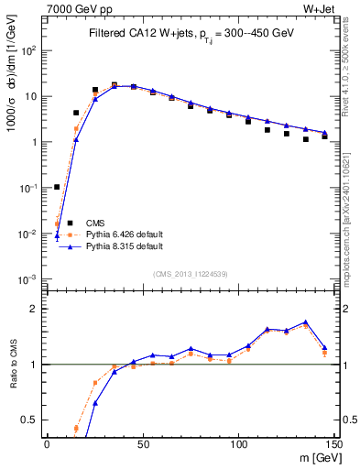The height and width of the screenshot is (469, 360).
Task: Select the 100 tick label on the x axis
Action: click(239, 442)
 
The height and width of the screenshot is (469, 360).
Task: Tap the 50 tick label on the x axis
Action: click(143, 442)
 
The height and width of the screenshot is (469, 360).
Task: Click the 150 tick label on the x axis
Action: click(333, 442)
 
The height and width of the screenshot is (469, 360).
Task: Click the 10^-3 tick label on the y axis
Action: click(29, 279)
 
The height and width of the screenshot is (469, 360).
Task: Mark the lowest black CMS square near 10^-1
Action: click(57, 187)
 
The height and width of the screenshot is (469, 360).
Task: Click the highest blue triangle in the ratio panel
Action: click(305, 322)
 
